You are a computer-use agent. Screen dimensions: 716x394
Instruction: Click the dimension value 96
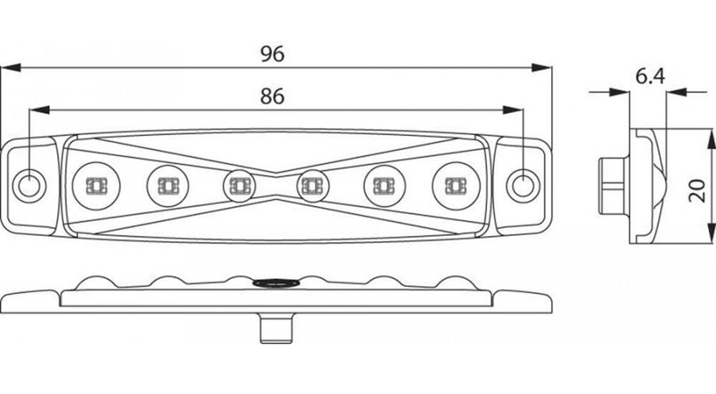tap(272, 54)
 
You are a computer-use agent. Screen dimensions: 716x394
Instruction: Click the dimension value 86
tap(272, 97)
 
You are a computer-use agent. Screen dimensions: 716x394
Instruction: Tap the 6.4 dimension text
tap(650, 77)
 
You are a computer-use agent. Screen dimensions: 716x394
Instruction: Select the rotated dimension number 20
tap(697, 191)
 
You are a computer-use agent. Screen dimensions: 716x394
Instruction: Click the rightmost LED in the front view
tap(455, 184)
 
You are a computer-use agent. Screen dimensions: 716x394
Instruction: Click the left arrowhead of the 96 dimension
tap(11, 67)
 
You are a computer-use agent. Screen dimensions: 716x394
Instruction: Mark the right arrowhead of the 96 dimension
tap(541, 67)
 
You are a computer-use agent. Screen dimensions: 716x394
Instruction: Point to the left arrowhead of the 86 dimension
tap(39, 110)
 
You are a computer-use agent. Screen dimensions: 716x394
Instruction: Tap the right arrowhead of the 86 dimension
tap(513, 110)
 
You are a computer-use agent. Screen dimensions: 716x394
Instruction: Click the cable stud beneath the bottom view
tap(276, 328)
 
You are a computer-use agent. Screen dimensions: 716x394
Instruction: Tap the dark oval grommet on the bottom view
tap(276, 284)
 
